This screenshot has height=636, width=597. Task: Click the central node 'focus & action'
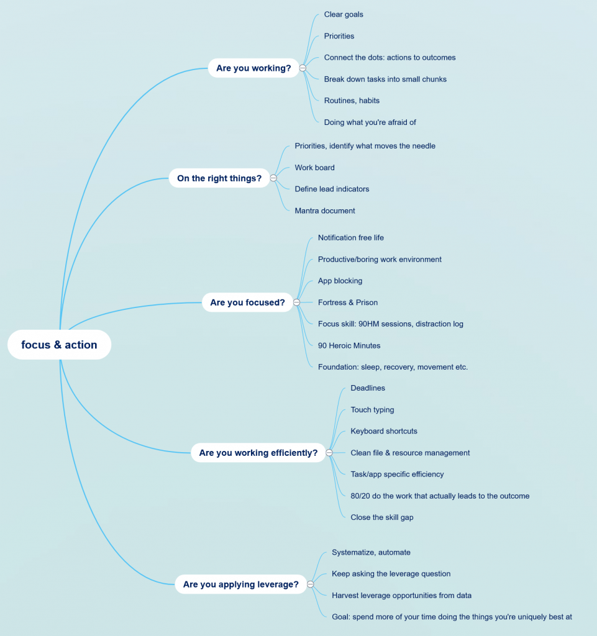point(59,345)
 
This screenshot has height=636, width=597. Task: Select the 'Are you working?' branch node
point(253,68)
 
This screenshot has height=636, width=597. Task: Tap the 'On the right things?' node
point(219,178)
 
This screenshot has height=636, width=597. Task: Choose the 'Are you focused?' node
point(247,302)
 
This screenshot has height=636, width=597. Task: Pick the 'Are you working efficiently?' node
point(258,453)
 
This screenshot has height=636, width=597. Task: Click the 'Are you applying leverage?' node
point(240,584)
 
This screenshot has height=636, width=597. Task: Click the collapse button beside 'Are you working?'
point(303,68)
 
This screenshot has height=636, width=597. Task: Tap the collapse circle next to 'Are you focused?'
point(296,302)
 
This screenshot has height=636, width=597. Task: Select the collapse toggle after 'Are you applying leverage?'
point(310,584)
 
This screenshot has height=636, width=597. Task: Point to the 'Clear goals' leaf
point(344,14)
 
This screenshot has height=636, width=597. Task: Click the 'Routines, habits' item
point(352,101)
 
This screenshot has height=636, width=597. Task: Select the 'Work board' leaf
point(314,168)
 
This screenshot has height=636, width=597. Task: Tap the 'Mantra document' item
point(325,211)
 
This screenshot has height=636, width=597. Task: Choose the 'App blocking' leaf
point(340,281)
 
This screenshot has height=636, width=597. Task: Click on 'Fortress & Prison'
point(348,302)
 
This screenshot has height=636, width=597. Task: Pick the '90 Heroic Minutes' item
point(349,345)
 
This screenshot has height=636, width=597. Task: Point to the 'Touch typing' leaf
point(372,410)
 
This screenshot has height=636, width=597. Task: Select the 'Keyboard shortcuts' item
point(384,431)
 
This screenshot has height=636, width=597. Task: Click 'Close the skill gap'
point(382,517)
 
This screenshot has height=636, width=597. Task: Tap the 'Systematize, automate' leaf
point(371,552)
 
